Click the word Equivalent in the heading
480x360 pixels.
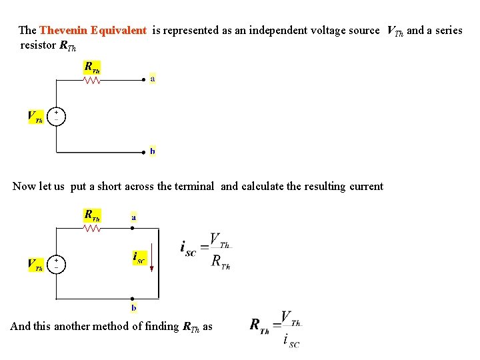click(x=118, y=31)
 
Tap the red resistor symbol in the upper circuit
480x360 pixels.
click(x=92, y=80)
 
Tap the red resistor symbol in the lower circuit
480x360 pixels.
click(x=92, y=228)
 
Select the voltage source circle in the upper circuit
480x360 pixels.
click(x=56, y=116)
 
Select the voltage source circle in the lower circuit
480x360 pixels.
click(x=56, y=263)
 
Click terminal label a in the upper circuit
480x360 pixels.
click(x=153, y=78)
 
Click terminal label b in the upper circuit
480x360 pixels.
click(x=153, y=151)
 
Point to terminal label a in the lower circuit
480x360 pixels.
click(x=134, y=217)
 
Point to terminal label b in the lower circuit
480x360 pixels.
click(x=134, y=308)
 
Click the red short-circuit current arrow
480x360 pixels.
click(x=152, y=259)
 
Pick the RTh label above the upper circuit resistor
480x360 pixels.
click(x=92, y=67)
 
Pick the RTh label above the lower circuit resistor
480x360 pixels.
click(x=92, y=215)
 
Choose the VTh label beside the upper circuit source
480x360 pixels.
click(x=35, y=117)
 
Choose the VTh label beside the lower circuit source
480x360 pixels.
click(x=35, y=265)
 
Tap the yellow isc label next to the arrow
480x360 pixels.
click(x=139, y=257)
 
